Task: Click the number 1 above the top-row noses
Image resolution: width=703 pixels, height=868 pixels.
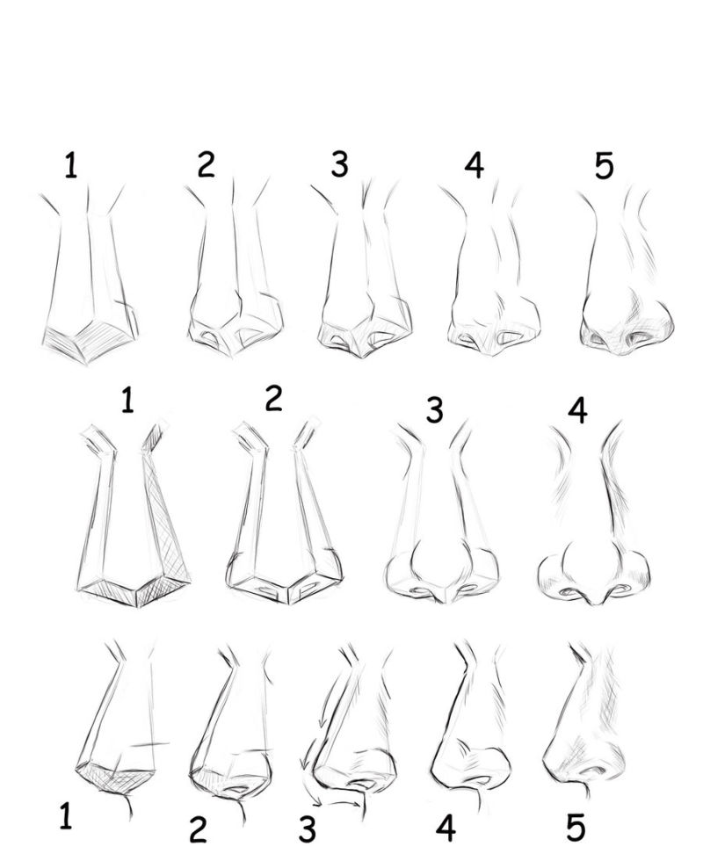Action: (x=70, y=165)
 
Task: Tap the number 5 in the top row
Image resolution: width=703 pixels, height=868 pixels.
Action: (x=605, y=165)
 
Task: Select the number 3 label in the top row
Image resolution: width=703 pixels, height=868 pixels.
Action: (x=340, y=164)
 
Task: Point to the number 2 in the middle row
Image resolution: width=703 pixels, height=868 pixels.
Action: (x=274, y=398)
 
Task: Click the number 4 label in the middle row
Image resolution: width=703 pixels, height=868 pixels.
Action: (x=578, y=411)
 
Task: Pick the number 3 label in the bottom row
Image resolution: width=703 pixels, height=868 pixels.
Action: (x=308, y=828)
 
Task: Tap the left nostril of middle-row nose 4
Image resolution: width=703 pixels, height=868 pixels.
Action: (x=568, y=592)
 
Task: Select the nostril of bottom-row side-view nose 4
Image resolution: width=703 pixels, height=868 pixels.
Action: (x=481, y=780)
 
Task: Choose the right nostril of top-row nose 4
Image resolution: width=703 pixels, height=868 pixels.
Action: (x=511, y=336)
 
